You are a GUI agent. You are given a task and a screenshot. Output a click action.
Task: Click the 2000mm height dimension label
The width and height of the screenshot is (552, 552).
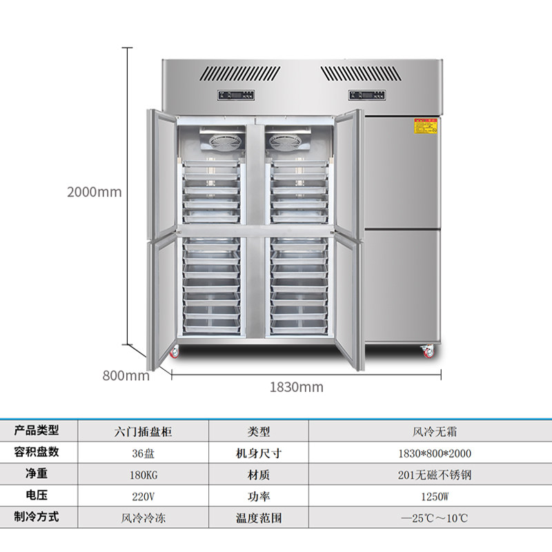(94, 193)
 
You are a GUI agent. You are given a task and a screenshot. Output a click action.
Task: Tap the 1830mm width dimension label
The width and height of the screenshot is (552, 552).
(296, 387)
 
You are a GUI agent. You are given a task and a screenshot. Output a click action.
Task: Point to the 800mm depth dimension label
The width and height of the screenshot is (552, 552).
(126, 376)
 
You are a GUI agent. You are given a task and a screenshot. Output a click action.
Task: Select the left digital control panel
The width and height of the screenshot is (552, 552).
(233, 95)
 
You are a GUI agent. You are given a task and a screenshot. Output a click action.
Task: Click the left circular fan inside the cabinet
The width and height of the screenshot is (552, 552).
(222, 141)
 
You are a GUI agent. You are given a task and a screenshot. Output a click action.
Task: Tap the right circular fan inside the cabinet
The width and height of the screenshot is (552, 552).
(286, 141)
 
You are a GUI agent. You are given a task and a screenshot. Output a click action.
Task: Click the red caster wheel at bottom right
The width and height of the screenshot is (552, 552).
(428, 351)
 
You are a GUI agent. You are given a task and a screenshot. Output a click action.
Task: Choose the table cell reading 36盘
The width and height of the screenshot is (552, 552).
(143, 453)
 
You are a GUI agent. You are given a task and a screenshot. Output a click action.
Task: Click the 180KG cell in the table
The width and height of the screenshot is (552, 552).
(143, 475)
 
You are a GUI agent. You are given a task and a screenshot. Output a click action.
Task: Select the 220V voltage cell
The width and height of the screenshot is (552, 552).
(143, 496)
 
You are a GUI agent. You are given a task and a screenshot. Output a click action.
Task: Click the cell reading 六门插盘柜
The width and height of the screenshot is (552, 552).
(143, 432)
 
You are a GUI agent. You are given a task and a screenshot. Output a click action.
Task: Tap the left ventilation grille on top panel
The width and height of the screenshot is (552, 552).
(231, 74)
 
